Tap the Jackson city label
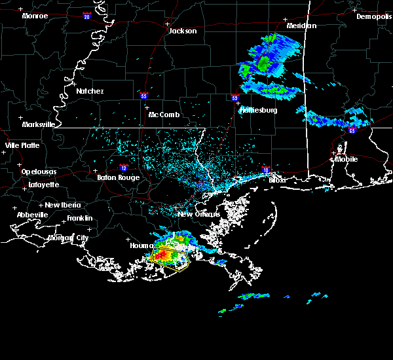pyautogui.click(x=182, y=31)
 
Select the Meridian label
pyautogui.click(x=301, y=26)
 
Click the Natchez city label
pyautogui.click(x=90, y=91)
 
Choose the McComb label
pyautogui.click(x=163, y=115)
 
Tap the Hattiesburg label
pyautogui.click(x=260, y=110)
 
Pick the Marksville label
pyautogui.click(x=38, y=124)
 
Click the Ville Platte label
pyautogui.click(x=22, y=145)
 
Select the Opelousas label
pyautogui.click(x=39, y=171)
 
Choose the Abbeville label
pyautogui.click(x=33, y=215)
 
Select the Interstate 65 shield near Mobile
pyautogui.click(x=352, y=131)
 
